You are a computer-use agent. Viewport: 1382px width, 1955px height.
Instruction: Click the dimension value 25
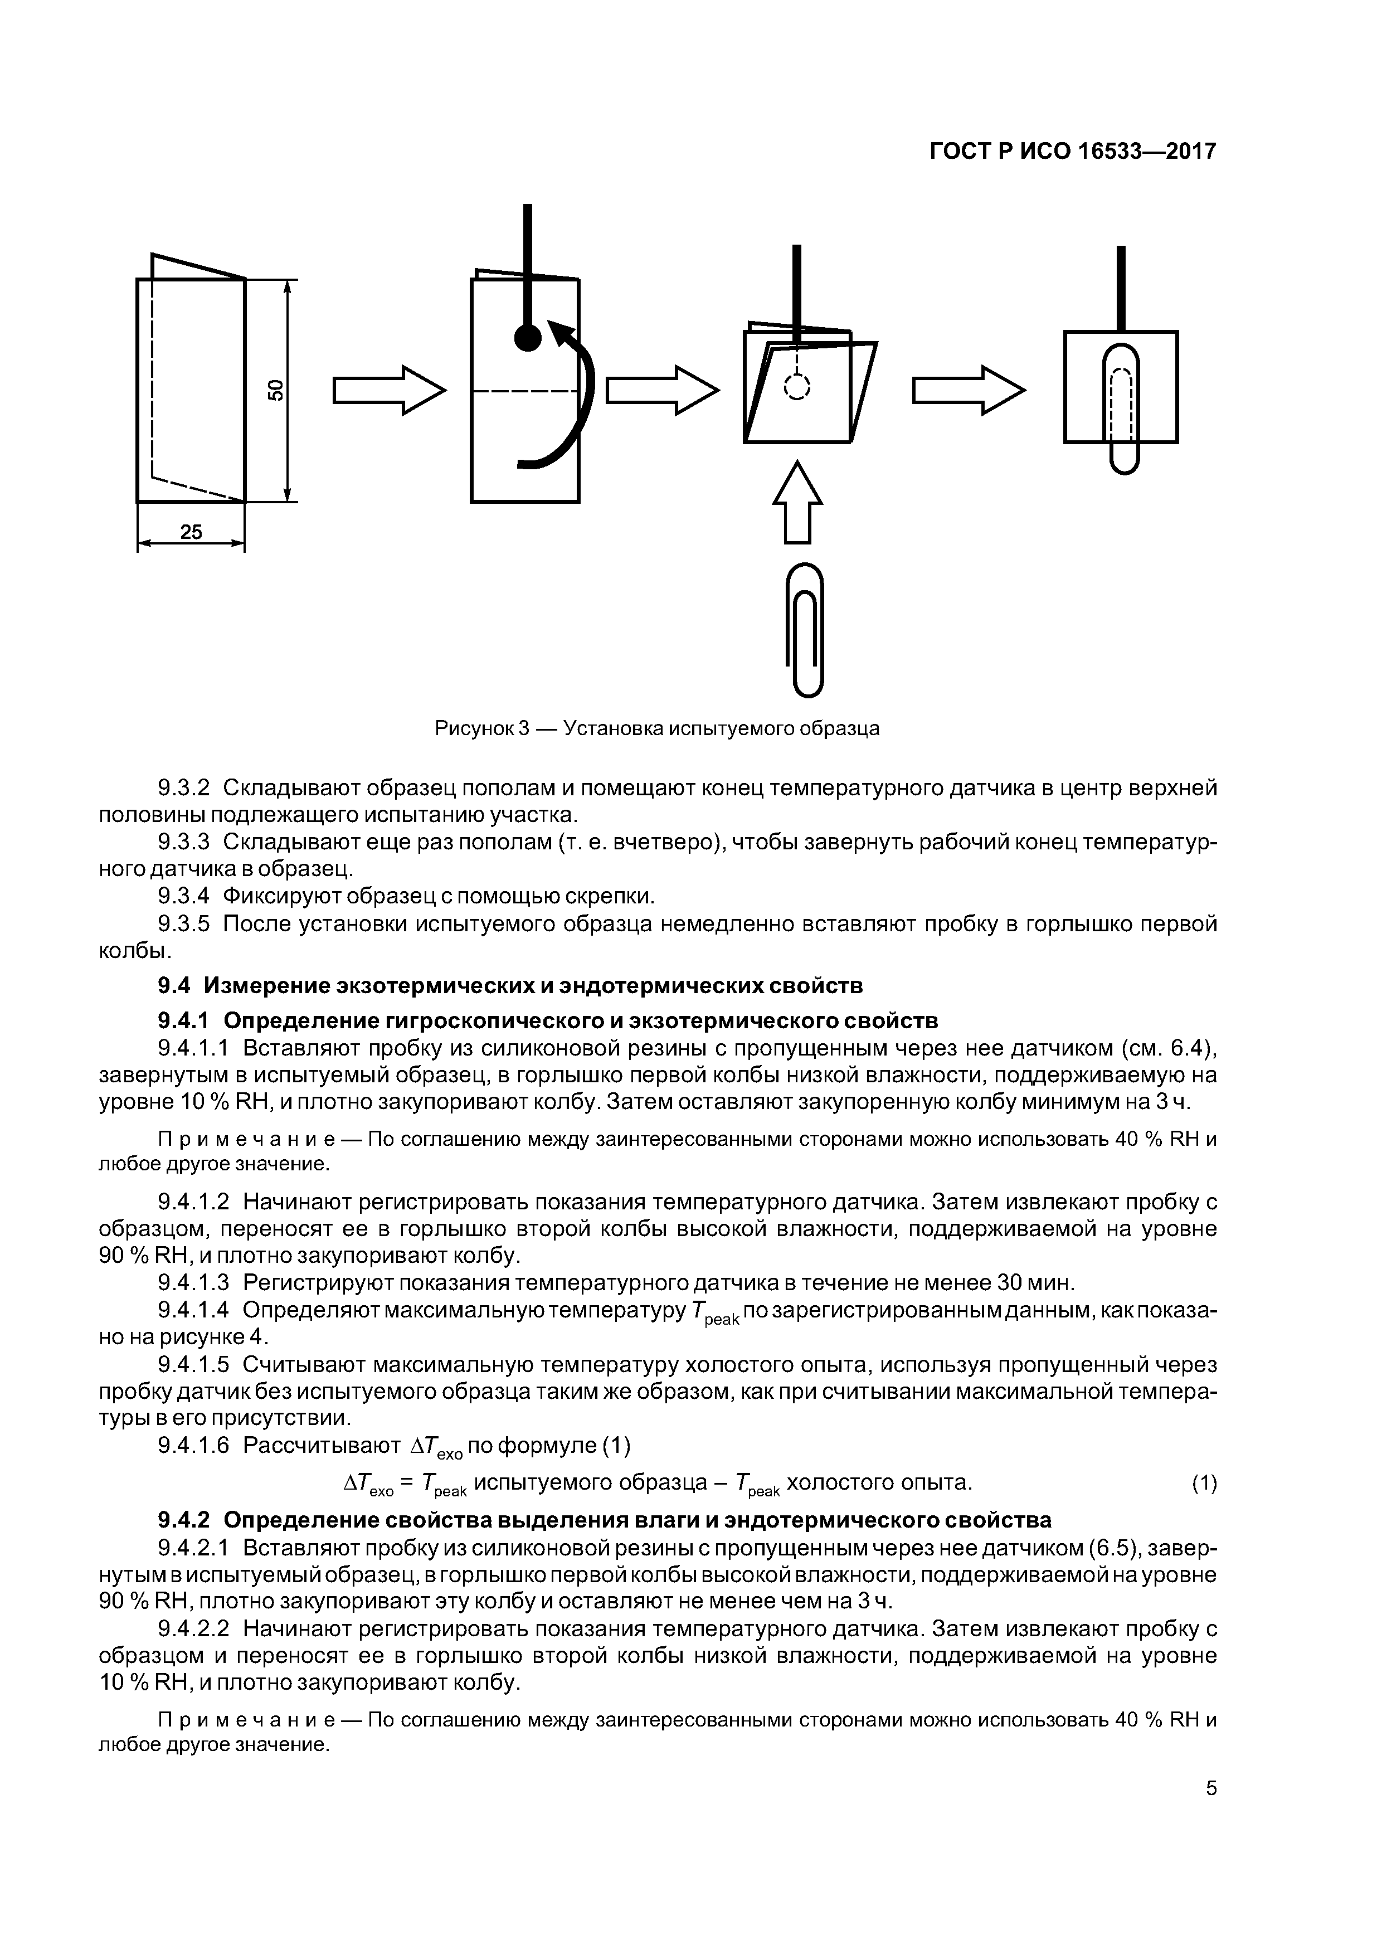192,532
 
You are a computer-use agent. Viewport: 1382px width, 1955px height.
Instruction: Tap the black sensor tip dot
528,339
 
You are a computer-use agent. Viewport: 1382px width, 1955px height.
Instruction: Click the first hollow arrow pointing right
389,390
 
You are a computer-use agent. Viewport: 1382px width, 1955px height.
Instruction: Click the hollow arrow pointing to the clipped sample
969,390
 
